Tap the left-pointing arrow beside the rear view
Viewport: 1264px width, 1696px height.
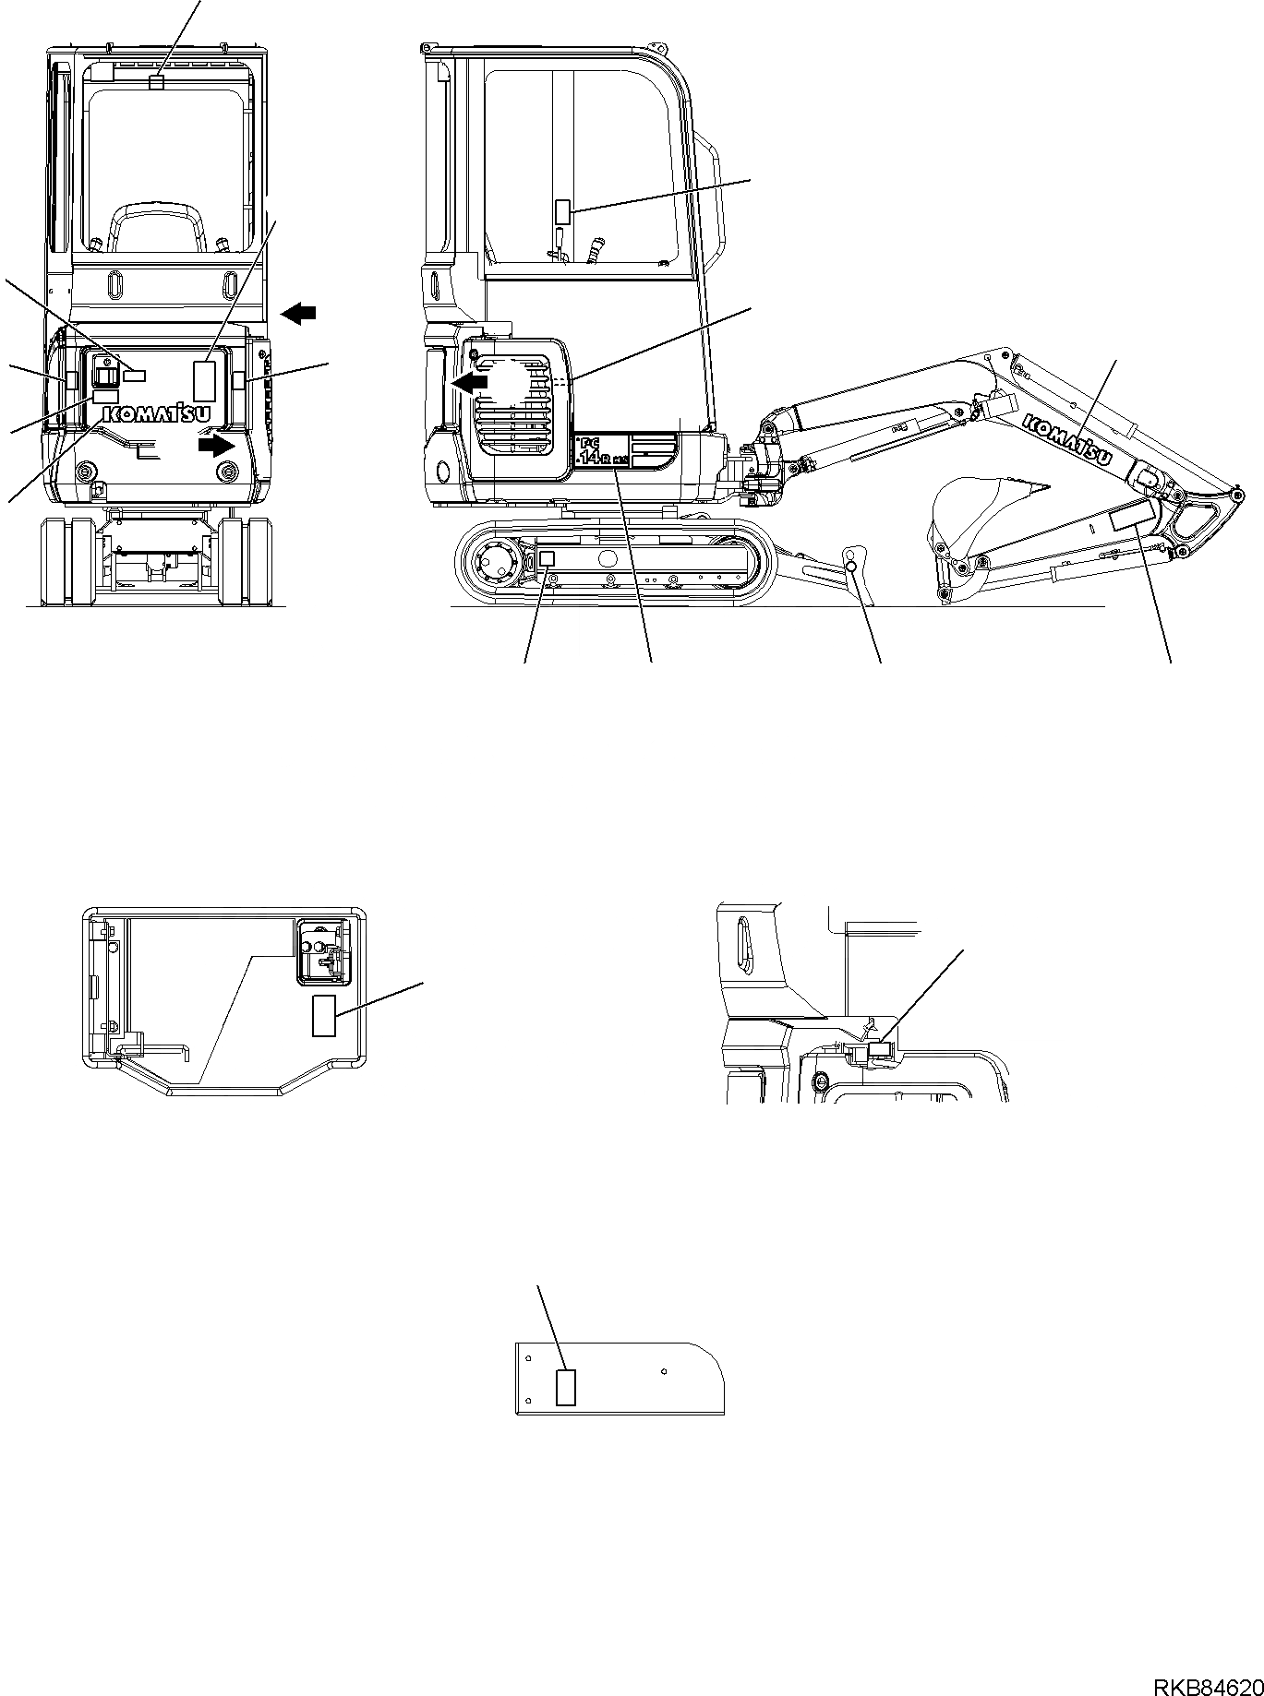297,314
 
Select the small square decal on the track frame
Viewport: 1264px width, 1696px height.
547,558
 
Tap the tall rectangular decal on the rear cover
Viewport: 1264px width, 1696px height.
204,380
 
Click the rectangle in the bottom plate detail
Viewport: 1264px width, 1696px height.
565,1387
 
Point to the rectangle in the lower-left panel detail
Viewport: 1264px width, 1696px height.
323,1016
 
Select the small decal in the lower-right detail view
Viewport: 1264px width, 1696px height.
879,1049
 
